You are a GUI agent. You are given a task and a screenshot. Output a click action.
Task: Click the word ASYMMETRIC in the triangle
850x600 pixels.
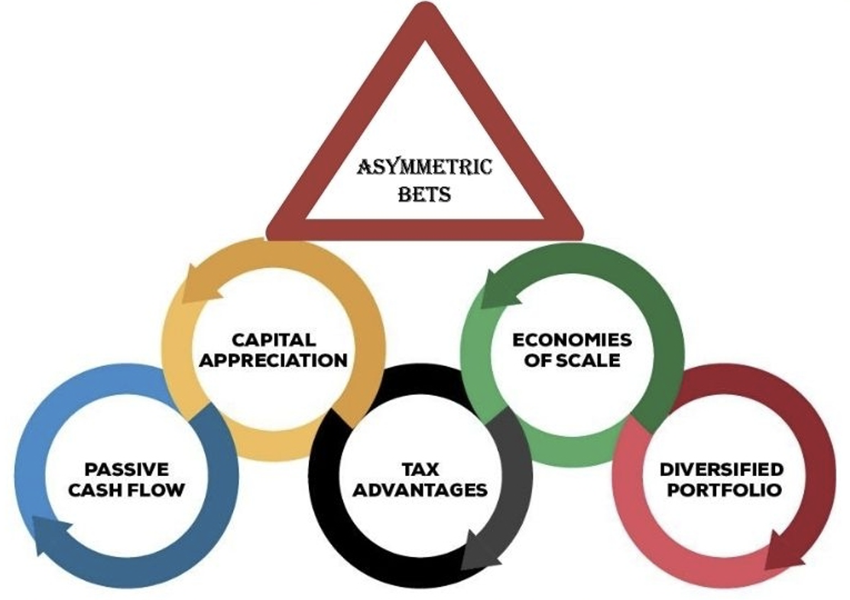coord(426,167)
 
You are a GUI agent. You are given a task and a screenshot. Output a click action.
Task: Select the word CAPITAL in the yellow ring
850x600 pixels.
coord(273,339)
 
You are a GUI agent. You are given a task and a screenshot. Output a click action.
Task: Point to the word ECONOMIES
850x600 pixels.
coord(572,339)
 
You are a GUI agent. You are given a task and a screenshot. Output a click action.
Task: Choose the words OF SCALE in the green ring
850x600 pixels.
coord(573,359)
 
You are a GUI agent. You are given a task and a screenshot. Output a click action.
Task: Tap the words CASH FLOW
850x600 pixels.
coord(127,489)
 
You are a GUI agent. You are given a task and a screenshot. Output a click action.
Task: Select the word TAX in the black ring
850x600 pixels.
coord(420,469)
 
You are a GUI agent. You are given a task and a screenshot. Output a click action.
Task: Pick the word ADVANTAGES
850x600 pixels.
coord(420,489)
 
